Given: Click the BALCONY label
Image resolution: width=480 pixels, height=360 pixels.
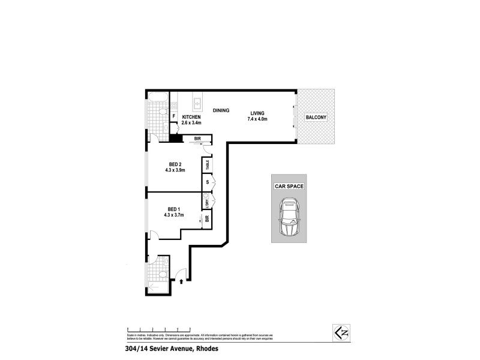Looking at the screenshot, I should [316, 118].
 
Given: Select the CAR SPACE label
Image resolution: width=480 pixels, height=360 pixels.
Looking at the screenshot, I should [289, 187].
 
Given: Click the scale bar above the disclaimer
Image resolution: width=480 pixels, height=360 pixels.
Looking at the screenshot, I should [159, 329].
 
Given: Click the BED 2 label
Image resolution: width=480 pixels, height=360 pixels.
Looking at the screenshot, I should [175, 164].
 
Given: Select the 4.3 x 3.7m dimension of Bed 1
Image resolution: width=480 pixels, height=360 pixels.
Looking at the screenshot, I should [174, 215].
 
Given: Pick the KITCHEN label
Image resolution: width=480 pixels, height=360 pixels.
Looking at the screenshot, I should [191, 116].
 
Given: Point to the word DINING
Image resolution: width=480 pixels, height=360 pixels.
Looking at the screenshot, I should [222, 110].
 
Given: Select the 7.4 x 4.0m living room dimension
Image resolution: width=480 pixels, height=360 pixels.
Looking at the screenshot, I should [256, 119].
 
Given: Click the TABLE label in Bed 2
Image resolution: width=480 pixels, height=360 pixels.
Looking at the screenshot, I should [208, 164].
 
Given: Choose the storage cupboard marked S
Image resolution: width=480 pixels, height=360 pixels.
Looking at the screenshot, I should [208, 182].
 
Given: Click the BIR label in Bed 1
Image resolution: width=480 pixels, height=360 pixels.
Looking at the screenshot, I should [207, 220].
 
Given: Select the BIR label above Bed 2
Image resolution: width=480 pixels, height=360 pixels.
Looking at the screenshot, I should [197, 139].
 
